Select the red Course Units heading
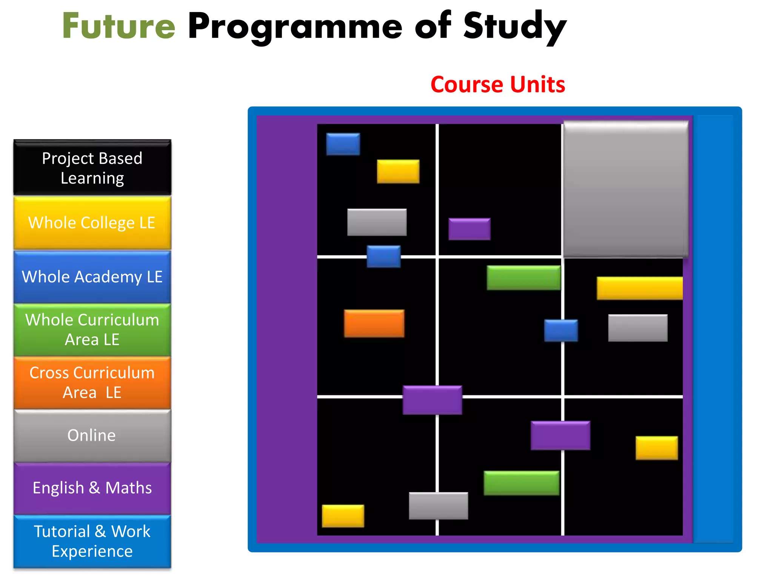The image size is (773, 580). tap(497, 84)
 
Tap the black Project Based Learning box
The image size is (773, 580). tap(92, 168)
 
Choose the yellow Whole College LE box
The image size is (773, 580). tap(92, 223)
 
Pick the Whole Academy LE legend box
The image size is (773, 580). tap(92, 277)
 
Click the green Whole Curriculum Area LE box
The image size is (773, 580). tap(92, 330)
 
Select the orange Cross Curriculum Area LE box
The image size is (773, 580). tap(92, 383)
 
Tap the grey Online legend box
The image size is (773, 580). tap(92, 435)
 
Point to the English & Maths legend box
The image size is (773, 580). tap(92, 488)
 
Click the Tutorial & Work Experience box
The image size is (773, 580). tap(92, 541)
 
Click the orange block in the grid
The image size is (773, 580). tap(374, 323)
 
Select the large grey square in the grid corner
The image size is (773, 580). tap(625, 189)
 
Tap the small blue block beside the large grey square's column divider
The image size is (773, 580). tap(561, 330)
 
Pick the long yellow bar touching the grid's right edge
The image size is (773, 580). tap(639, 288)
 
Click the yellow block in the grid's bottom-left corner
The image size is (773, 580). tap(343, 516)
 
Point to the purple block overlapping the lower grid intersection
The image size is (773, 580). tap(432, 400)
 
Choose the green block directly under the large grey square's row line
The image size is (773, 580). tap(524, 278)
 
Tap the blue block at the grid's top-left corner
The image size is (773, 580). tap(343, 144)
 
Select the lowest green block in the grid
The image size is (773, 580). tap(521, 483)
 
